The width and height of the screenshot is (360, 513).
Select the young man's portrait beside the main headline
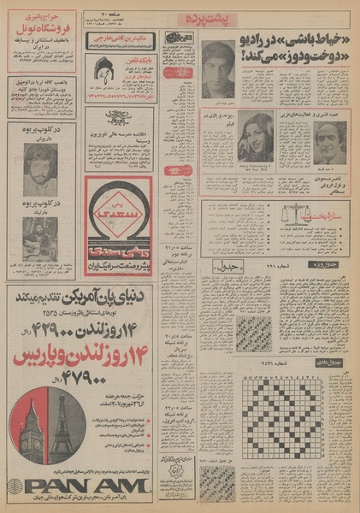218,69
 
